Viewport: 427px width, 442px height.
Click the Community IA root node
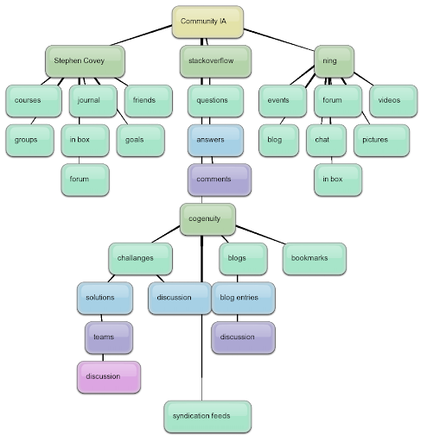click(x=207, y=22)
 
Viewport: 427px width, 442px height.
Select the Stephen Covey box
click(x=86, y=61)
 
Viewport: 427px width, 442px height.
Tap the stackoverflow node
click(x=215, y=61)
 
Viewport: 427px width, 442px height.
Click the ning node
click(x=335, y=61)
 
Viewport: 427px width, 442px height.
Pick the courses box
click(x=34, y=101)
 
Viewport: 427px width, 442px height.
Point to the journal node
click(x=93, y=101)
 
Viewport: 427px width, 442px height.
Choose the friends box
click(x=149, y=101)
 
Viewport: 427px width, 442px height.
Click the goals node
click(x=141, y=141)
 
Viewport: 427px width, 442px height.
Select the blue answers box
click(x=215, y=141)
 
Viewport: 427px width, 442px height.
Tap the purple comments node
click(x=220, y=180)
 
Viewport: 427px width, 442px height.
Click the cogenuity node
click(x=207, y=219)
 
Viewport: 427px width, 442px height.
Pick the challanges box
click(x=141, y=259)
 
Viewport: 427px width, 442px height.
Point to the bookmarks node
click(x=315, y=259)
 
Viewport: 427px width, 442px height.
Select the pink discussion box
click(x=109, y=377)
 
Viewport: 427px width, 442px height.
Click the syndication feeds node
click(x=207, y=417)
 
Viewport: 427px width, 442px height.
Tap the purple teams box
click(x=109, y=338)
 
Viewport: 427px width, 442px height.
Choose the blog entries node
click(x=244, y=298)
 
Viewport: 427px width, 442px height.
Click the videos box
click(x=393, y=101)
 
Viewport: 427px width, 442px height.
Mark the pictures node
click(x=382, y=141)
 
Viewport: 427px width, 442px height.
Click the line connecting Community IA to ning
click(x=279, y=40)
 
